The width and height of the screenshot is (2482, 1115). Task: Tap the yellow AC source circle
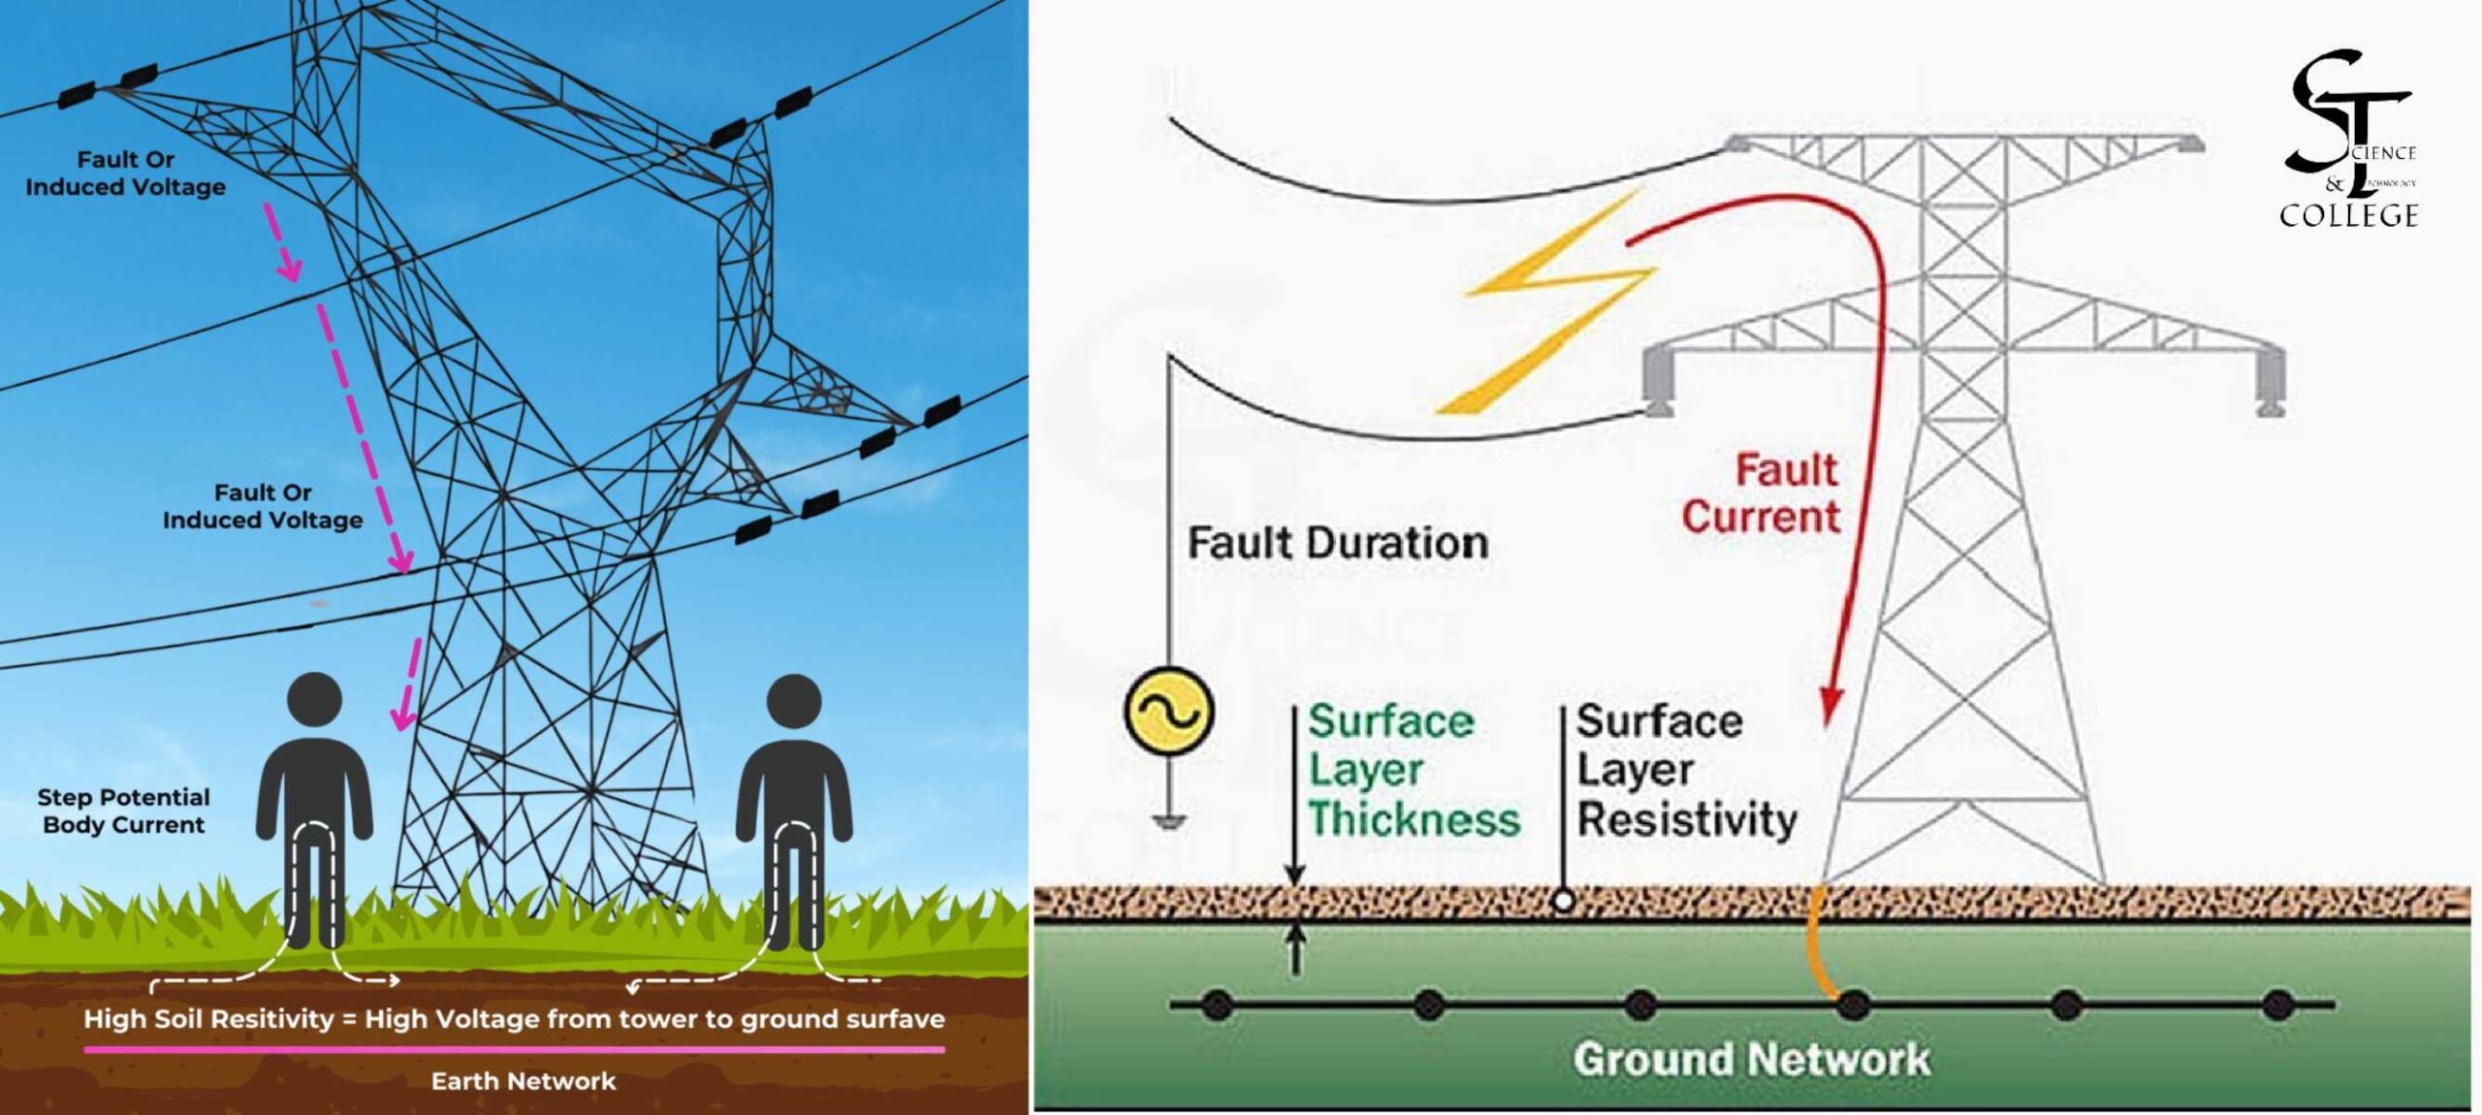click(x=1168, y=711)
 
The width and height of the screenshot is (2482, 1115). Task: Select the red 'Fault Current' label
click(x=1763, y=493)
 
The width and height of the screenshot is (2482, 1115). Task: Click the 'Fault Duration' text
click(x=1338, y=543)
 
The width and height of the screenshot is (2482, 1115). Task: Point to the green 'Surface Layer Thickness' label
click(x=1412, y=770)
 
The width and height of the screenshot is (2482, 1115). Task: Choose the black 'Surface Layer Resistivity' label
click(x=1685, y=770)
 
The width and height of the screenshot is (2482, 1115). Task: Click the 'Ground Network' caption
click(x=1751, y=1059)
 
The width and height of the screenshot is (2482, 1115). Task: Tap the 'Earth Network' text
click(x=524, y=1081)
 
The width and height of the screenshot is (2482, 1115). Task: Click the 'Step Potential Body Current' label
click(x=123, y=811)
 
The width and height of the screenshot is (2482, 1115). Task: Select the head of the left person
click(x=315, y=700)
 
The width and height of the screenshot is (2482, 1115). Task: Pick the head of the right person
click(x=794, y=701)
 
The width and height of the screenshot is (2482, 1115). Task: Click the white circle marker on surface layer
click(x=1563, y=900)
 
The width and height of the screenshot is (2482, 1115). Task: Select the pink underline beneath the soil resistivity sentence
click(x=514, y=1049)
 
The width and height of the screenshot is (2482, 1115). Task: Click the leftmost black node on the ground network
click(x=1217, y=1004)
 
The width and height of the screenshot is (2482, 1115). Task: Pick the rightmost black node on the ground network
click(x=2277, y=1004)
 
